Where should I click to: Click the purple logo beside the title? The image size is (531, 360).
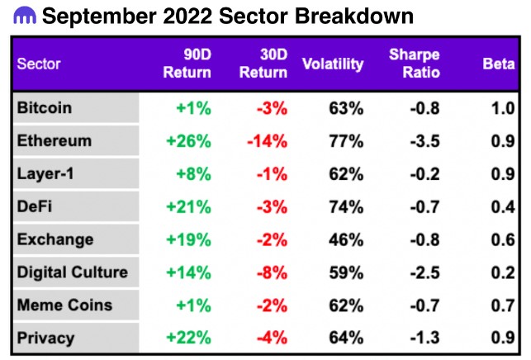tap(25, 16)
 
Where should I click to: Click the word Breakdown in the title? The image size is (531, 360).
tap(354, 16)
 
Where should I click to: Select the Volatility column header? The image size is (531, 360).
tap(333, 64)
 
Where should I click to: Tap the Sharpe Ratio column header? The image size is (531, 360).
tap(415, 64)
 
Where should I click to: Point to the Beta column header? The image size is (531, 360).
tap(499, 64)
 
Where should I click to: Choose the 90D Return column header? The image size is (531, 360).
tap(187, 64)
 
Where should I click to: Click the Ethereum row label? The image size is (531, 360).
tap(55, 140)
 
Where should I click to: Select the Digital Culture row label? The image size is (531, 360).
tap(73, 272)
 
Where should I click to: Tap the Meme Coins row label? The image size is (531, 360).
tap(64, 306)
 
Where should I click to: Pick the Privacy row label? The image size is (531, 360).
tap(45, 338)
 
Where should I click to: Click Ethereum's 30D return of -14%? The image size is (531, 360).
tap(268, 141)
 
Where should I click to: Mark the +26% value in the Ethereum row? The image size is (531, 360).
tap(188, 141)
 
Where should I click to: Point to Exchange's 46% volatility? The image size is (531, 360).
tap(346, 239)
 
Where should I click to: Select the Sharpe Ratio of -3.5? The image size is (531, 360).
tap(424, 141)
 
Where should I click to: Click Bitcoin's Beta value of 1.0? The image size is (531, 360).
tap(503, 108)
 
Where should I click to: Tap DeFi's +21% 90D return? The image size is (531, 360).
tap(188, 207)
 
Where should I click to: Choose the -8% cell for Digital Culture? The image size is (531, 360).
tap(272, 272)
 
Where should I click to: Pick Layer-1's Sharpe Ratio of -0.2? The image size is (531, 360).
tap(424, 174)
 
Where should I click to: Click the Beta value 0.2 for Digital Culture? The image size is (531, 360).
tap(503, 272)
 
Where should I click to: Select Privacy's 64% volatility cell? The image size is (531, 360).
tap(346, 338)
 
